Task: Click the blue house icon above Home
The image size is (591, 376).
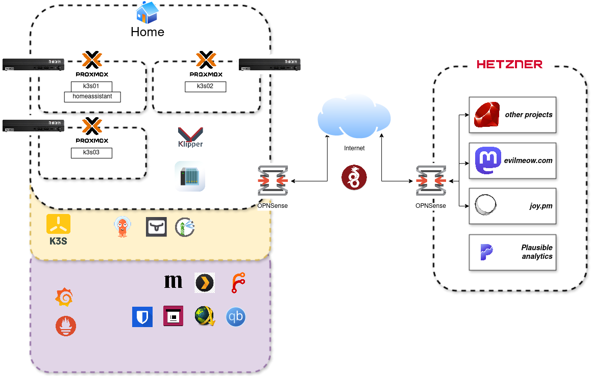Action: tap(147, 12)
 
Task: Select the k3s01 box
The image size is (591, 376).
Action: tap(91, 86)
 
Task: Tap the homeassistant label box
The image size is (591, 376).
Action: tap(92, 96)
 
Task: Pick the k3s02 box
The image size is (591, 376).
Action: tap(205, 86)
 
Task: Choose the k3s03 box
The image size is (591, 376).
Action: tap(91, 152)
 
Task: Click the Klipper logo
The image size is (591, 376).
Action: tap(190, 138)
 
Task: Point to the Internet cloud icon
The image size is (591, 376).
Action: tap(354, 117)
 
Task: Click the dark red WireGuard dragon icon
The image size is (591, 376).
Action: tap(354, 177)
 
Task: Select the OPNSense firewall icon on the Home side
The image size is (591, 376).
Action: tap(273, 180)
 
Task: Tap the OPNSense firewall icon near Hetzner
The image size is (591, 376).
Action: tap(431, 180)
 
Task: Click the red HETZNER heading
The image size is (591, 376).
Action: tap(509, 64)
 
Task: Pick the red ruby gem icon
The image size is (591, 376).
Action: tap(486, 114)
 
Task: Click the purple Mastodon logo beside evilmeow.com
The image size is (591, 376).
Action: tap(484, 160)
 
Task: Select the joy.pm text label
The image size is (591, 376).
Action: tap(541, 206)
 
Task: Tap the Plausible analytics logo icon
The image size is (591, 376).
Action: tap(486, 252)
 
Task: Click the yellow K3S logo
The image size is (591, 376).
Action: tap(58, 229)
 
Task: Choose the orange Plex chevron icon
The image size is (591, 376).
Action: tap(205, 282)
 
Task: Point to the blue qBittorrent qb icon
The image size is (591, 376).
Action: tap(236, 317)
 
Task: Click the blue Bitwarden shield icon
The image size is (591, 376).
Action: tap(143, 317)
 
